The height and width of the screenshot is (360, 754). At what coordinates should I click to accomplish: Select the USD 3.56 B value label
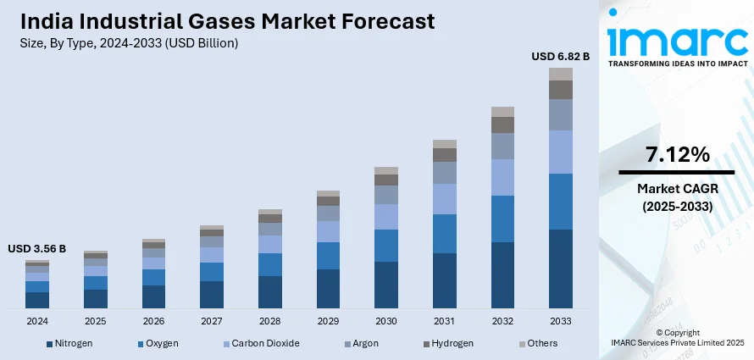[x=37, y=249]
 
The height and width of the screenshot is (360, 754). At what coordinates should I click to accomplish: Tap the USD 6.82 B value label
[x=560, y=56]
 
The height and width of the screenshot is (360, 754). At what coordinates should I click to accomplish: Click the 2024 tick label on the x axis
[x=37, y=322]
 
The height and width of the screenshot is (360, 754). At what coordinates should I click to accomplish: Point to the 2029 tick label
[x=328, y=322]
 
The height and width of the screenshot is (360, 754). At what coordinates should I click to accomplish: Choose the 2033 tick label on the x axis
[x=560, y=322]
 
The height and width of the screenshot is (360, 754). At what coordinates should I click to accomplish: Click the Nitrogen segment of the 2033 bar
[x=560, y=269]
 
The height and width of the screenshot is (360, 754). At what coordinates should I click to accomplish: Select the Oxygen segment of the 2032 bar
[x=502, y=219]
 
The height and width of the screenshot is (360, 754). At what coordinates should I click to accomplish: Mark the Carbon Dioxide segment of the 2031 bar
[x=444, y=199]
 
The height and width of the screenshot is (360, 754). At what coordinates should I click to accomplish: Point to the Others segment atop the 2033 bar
[x=560, y=74]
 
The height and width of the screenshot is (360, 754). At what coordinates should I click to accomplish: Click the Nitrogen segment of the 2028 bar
[x=269, y=291]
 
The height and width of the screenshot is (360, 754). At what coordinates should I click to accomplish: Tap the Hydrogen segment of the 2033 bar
[x=560, y=90]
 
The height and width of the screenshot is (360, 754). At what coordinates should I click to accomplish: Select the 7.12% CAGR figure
[x=677, y=155]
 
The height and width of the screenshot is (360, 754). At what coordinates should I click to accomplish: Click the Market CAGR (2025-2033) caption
[x=677, y=197]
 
